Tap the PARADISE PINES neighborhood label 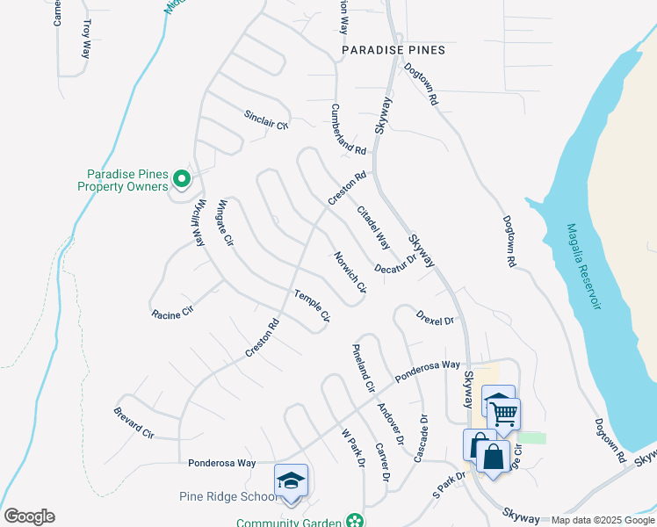[x=393, y=50]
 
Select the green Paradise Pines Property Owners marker [x=182, y=180]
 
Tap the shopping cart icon [x=503, y=412]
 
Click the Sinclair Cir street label [x=266, y=120]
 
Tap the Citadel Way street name [x=373, y=226]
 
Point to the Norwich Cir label [x=350, y=273]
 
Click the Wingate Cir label [x=225, y=223]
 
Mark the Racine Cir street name [x=171, y=312]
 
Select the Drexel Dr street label [x=437, y=319]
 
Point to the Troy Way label [x=86, y=39]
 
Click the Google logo [x=29, y=516]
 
